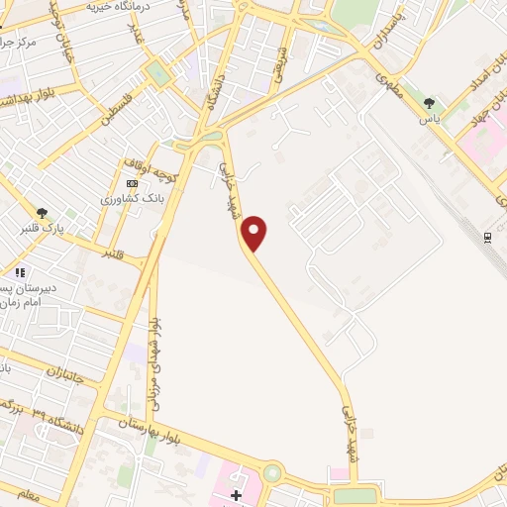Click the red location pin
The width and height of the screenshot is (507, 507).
coord(254,232)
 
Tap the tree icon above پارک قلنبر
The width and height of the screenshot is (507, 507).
coord(42,212)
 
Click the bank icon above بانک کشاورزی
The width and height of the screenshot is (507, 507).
coord(133,183)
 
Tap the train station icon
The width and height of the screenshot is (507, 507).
coord(487,237)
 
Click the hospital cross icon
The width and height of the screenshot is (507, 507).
coord(236,494)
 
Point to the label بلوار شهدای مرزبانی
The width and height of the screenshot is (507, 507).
coord(154,366)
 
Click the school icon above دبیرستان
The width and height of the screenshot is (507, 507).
coord(19,272)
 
